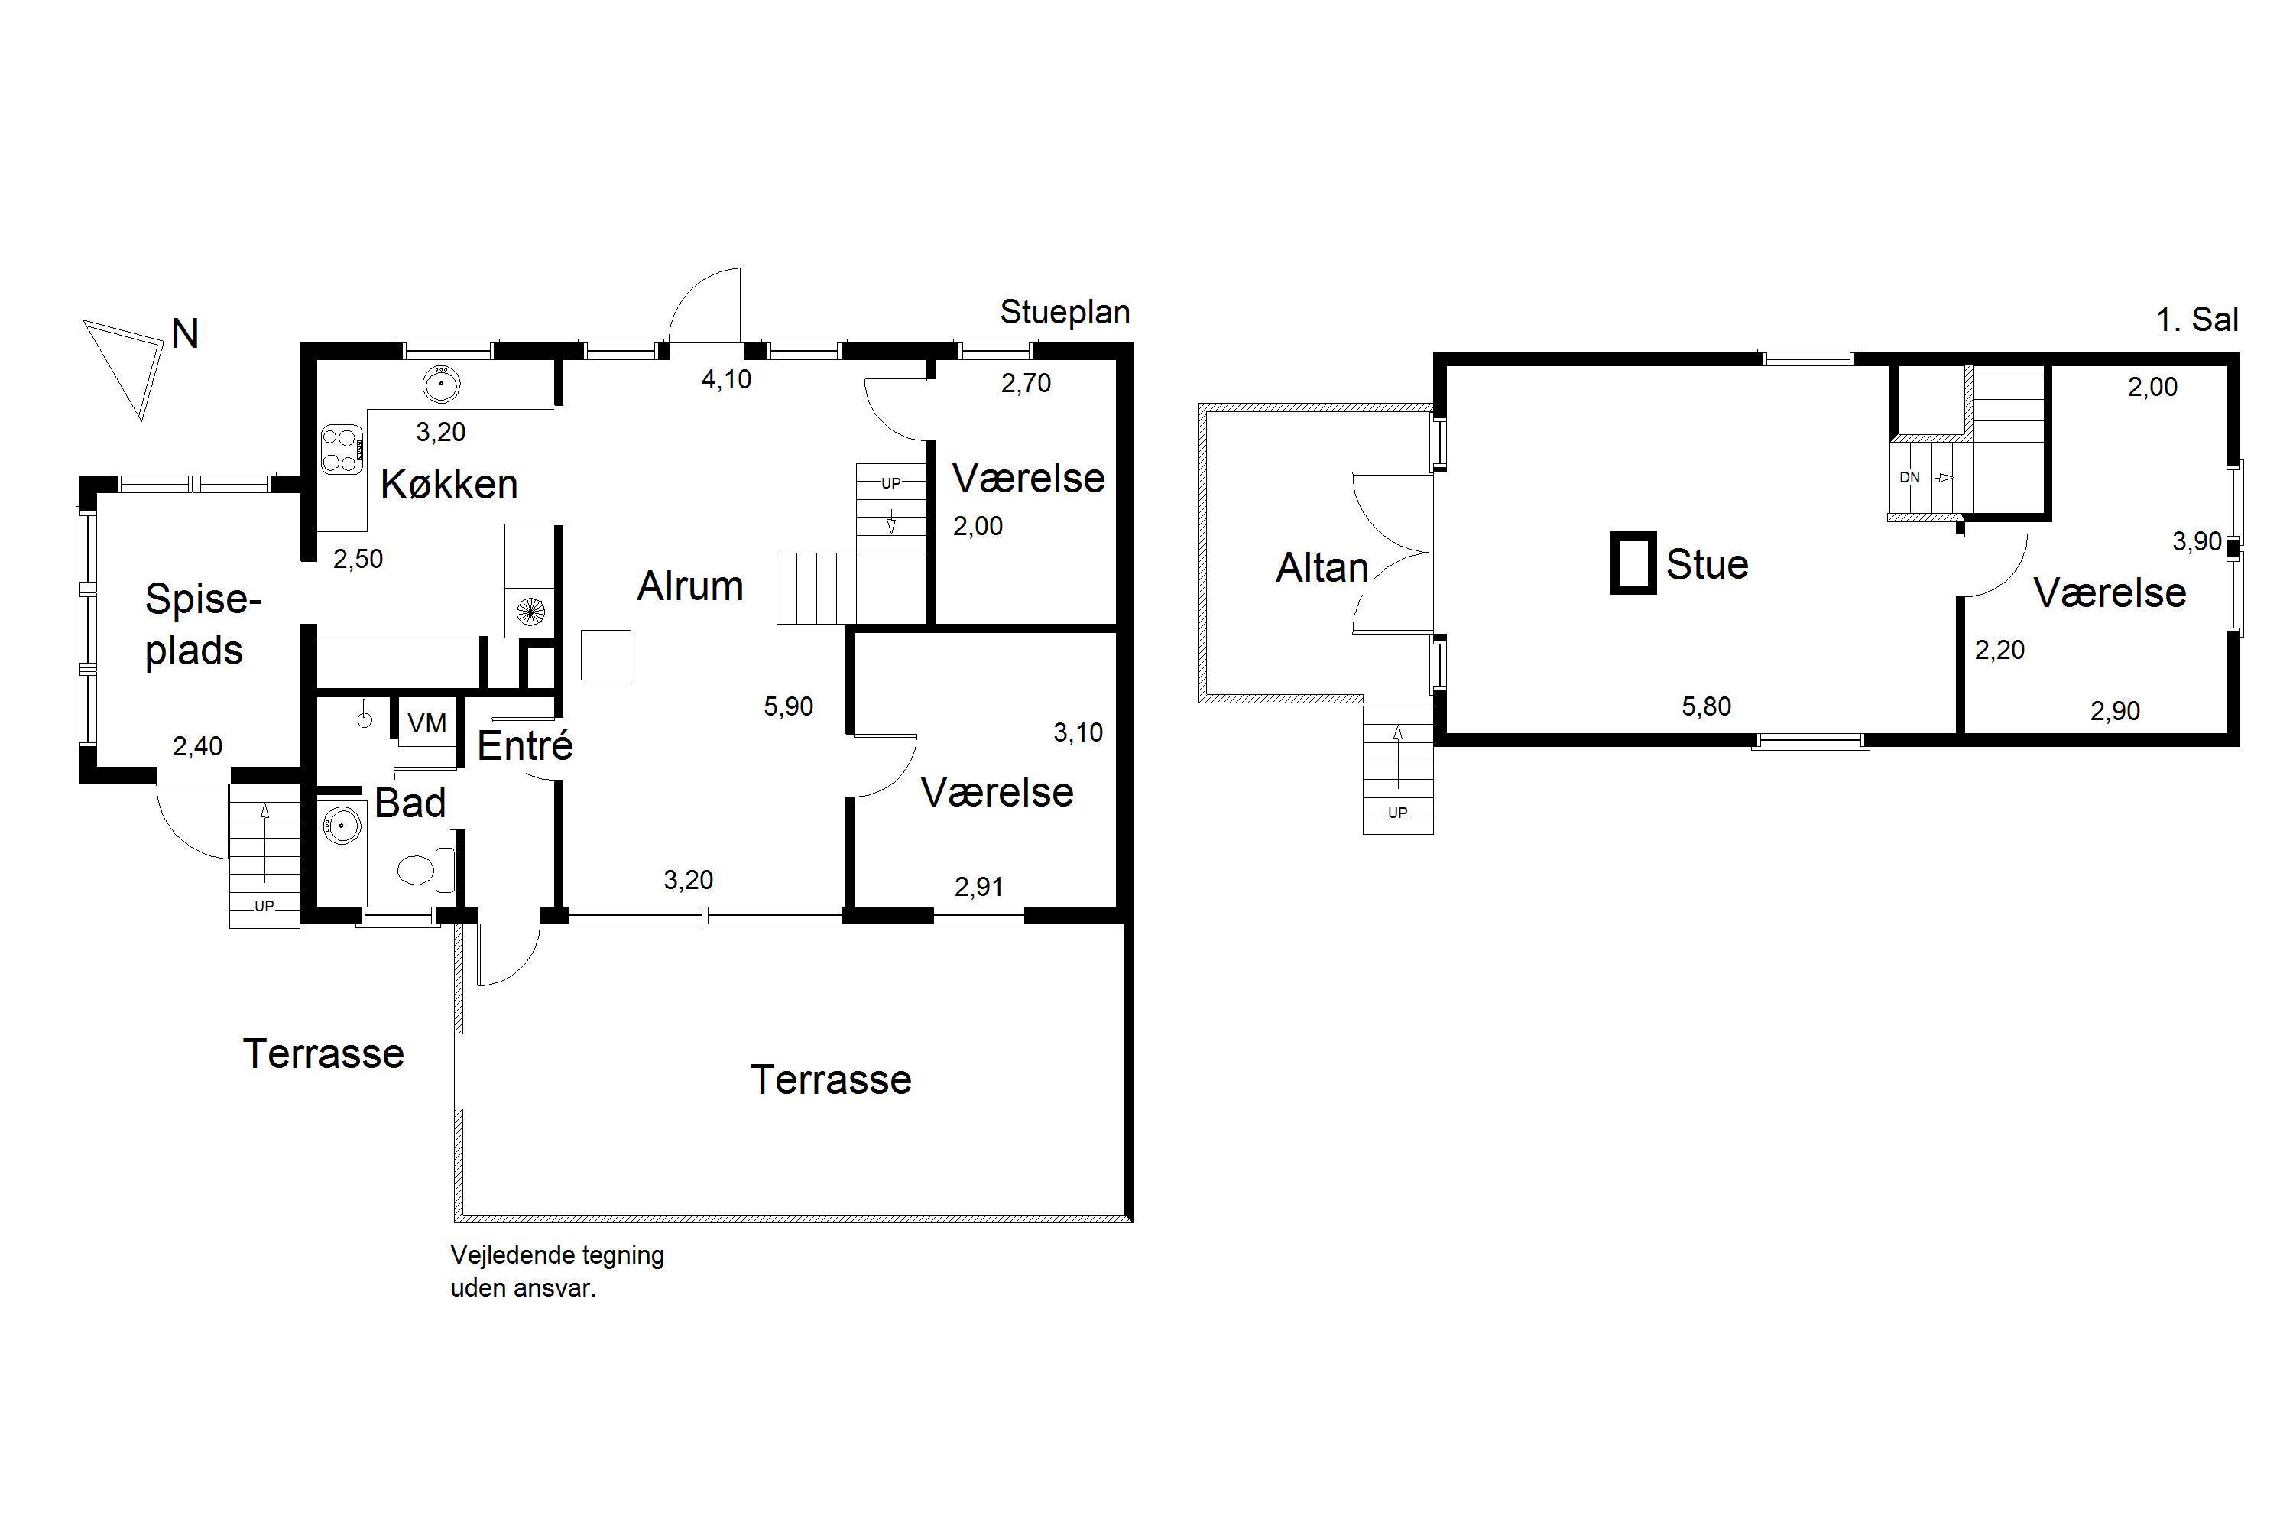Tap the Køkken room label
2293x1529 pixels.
[449, 484]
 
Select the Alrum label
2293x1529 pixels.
[690, 586]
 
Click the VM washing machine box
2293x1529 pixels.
[427, 722]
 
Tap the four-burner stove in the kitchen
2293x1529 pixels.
[342, 450]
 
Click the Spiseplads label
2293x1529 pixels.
[203, 625]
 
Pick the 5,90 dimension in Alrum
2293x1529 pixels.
[788, 706]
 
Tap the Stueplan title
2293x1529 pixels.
[1065, 312]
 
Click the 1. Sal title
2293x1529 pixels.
[2197, 320]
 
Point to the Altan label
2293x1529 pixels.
[1322, 567]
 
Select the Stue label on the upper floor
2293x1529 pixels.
[1707, 565]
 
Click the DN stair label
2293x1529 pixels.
[1910, 478]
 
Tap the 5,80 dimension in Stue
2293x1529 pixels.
[1706, 706]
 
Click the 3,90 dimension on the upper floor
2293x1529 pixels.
[2197, 541]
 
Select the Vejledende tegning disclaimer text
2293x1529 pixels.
[556, 1271]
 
